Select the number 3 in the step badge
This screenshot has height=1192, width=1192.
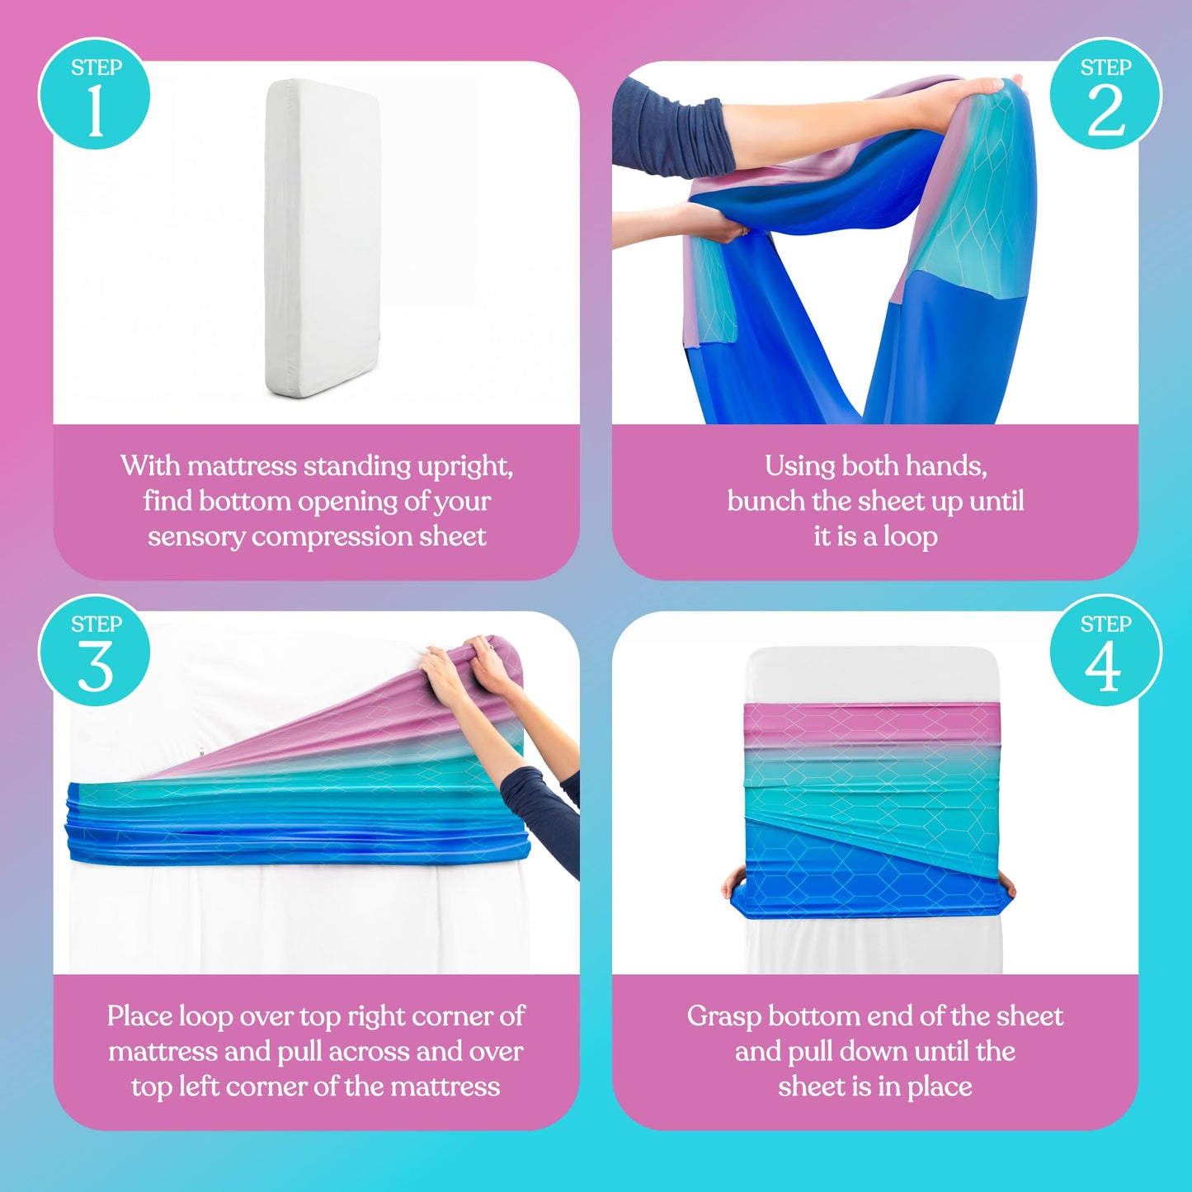point(96,667)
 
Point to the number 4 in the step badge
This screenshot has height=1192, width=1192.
point(1103,667)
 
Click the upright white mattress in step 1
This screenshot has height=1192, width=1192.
point(323,238)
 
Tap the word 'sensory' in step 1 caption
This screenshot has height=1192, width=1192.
point(196,536)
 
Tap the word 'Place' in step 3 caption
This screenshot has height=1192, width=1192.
point(139,1016)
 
